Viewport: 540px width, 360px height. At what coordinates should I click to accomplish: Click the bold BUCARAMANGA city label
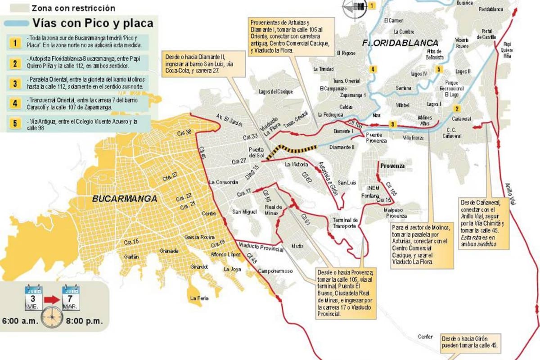tap(124, 198)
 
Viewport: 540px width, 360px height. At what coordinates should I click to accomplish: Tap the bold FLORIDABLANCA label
tap(400, 43)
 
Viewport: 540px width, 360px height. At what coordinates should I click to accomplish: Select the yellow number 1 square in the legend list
tap(15, 43)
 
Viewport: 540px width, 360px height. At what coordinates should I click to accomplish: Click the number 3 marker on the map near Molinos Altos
tap(392, 124)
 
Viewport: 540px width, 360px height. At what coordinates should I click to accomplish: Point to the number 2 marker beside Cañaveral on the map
tap(457, 108)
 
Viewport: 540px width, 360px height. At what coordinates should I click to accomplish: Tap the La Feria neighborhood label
tap(199, 298)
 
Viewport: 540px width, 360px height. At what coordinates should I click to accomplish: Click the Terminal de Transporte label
tap(345, 223)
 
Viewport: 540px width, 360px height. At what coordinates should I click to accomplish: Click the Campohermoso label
tap(275, 271)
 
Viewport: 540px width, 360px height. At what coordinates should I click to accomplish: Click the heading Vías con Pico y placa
tap(93, 23)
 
